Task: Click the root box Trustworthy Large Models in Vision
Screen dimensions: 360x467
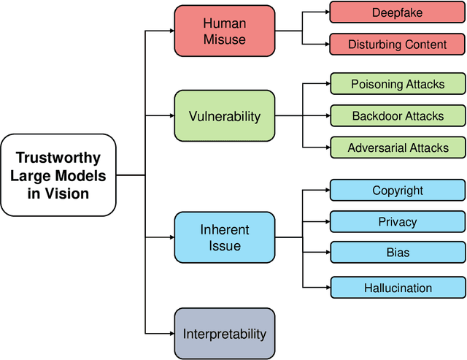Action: pos(59,175)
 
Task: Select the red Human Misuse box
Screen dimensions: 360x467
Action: pos(225,31)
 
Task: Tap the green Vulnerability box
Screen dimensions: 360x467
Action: pos(225,115)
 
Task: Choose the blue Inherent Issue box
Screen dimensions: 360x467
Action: pos(225,237)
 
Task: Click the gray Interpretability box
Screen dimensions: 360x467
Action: pos(225,334)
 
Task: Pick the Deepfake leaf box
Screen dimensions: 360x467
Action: pos(398,12)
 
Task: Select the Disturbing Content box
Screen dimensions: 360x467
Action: pos(398,44)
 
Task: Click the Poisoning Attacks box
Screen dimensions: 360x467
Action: pos(398,84)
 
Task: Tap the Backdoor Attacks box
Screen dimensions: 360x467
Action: pos(398,115)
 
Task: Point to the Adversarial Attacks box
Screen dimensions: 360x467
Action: pos(398,148)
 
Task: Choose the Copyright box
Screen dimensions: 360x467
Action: pos(398,190)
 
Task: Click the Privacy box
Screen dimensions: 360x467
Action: pos(398,221)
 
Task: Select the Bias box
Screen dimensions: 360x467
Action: pos(398,253)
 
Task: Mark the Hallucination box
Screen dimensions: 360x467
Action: pos(398,288)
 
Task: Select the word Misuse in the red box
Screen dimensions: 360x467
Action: pos(225,39)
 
